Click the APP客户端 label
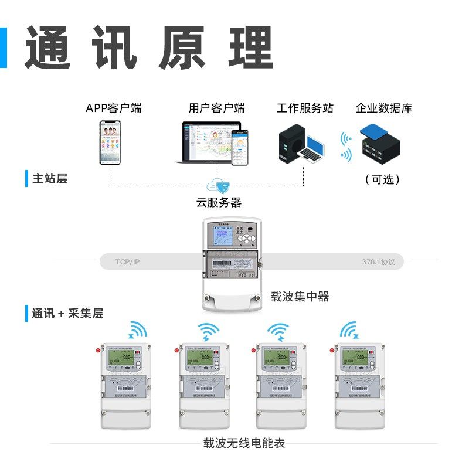click(113, 108)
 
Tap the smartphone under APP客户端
click(111, 142)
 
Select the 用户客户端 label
click(216, 108)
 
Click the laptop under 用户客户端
click(208, 142)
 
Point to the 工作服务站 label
click(305, 108)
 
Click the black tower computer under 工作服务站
click(288, 144)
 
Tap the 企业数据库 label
click(383, 108)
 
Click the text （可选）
click(382, 179)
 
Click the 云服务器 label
click(219, 203)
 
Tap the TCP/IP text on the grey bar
click(127, 261)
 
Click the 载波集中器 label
click(300, 297)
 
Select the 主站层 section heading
click(50, 179)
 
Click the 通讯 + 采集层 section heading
click(67, 314)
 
